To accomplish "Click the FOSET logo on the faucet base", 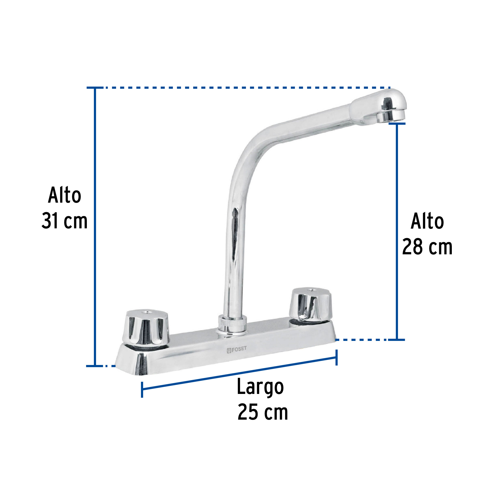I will click(x=236, y=350).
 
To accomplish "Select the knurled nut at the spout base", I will click(x=232, y=322).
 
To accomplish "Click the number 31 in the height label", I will click(x=50, y=221).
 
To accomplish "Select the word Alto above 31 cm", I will click(x=64, y=195).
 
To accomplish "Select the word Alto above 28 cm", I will click(x=427, y=222).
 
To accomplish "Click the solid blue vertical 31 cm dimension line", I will click(x=95, y=227).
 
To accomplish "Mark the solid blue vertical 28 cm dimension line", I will click(x=397, y=231).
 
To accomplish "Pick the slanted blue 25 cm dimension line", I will click(x=239, y=374).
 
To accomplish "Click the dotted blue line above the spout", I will click(x=243, y=88).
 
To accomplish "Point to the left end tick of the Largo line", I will click(x=142, y=390).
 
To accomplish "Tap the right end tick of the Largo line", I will click(x=336, y=357).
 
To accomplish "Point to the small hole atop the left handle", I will click(x=147, y=312).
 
